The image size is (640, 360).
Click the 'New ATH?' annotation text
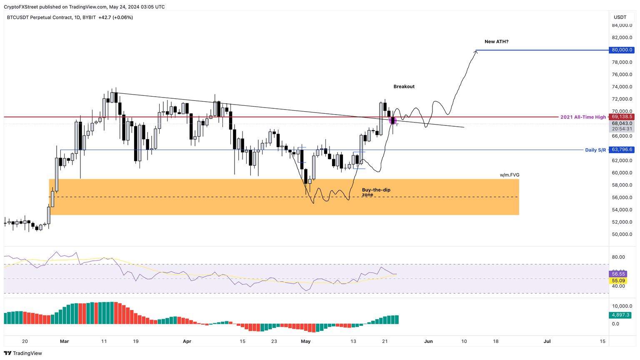(x=496, y=42)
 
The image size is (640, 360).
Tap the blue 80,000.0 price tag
(x=622, y=50)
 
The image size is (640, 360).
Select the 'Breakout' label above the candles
(x=404, y=87)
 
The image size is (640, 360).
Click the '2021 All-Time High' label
(x=583, y=117)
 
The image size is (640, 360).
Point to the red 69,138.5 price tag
(x=622, y=117)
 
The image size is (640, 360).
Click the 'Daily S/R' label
(x=595, y=150)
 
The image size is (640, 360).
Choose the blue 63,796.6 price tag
(x=622, y=150)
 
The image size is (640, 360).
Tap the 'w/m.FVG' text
(x=510, y=175)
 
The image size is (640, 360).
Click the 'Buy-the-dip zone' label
(x=376, y=192)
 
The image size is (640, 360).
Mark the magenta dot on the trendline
(x=392, y=121)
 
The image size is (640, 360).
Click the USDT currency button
(x=620, y=17)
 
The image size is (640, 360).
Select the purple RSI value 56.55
(x=618, y=274)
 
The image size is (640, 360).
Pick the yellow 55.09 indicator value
(x=618, y=280)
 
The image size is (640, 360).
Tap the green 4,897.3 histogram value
(x=620, y=315)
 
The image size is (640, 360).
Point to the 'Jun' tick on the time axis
(x=428, y=341)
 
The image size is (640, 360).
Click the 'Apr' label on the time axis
(x=187, y=341)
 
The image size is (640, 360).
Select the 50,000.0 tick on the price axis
(x=622, y=235)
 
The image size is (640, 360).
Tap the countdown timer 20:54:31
(x=622, y=129)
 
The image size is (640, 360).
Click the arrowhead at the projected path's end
(x=476, y=51)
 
